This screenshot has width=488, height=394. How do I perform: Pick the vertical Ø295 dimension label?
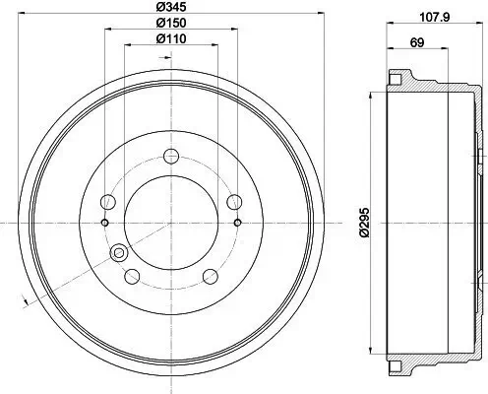363,223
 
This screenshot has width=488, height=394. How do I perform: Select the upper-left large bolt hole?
109,202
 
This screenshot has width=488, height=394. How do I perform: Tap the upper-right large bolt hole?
234,202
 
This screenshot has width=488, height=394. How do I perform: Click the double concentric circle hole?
120,254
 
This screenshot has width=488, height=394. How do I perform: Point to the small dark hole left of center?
103,223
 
